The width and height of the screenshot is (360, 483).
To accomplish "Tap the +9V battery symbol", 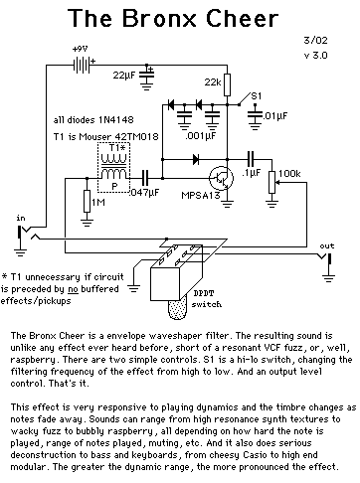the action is [x=82, y=65].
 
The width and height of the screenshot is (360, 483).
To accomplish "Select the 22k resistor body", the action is [x=227, y=85].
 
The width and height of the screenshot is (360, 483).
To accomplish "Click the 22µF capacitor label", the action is [x=124, y=76].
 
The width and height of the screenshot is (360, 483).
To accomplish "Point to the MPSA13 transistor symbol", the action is [x=221, y=178].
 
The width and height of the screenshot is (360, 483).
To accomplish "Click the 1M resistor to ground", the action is [x=87, y=201].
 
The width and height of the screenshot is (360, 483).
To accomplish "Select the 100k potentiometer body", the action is [x=271, y=182].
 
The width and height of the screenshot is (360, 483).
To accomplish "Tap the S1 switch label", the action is [x=257, y=96].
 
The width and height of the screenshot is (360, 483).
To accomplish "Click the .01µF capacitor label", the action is [x=275, y=116].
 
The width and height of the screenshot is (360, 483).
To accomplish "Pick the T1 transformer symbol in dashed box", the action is [x=113, y=168].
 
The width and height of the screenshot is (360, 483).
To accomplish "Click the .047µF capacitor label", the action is [x=145, y=192].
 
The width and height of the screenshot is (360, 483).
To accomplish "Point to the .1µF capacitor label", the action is [x=251, y=173].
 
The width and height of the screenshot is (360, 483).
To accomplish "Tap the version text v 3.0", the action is [x=315, y=55].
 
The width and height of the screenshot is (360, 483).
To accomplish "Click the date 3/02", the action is [x=315, y=40].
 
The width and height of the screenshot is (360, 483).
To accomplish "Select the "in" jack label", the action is [x=21, y=218].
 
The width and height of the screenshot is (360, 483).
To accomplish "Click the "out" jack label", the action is [x=327, y=245].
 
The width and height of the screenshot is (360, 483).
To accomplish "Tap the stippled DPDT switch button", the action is [x=179, y=309].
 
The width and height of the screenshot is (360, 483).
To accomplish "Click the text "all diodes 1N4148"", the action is [x=93, y=119].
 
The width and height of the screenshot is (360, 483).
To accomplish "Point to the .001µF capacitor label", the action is [x=201, y=135].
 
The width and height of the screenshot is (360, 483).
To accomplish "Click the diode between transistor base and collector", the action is [x=196, y=159].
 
